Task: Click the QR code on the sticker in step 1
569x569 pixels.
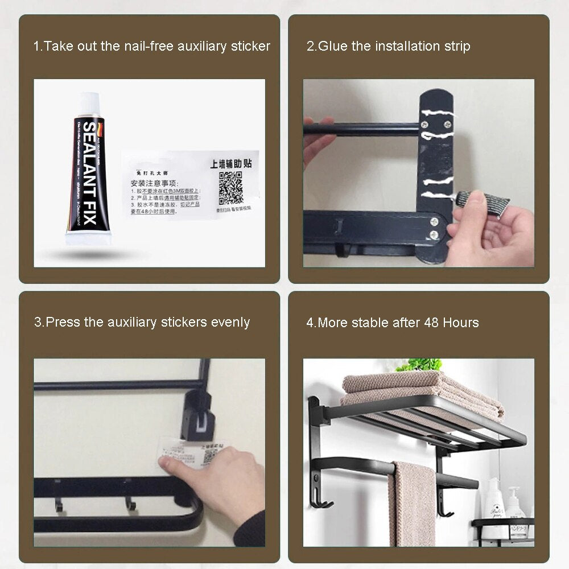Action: [x=230, y=188]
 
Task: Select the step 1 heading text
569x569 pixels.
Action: [x=151, y=46]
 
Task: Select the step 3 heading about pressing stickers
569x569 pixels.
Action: [x=142, y=322]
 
